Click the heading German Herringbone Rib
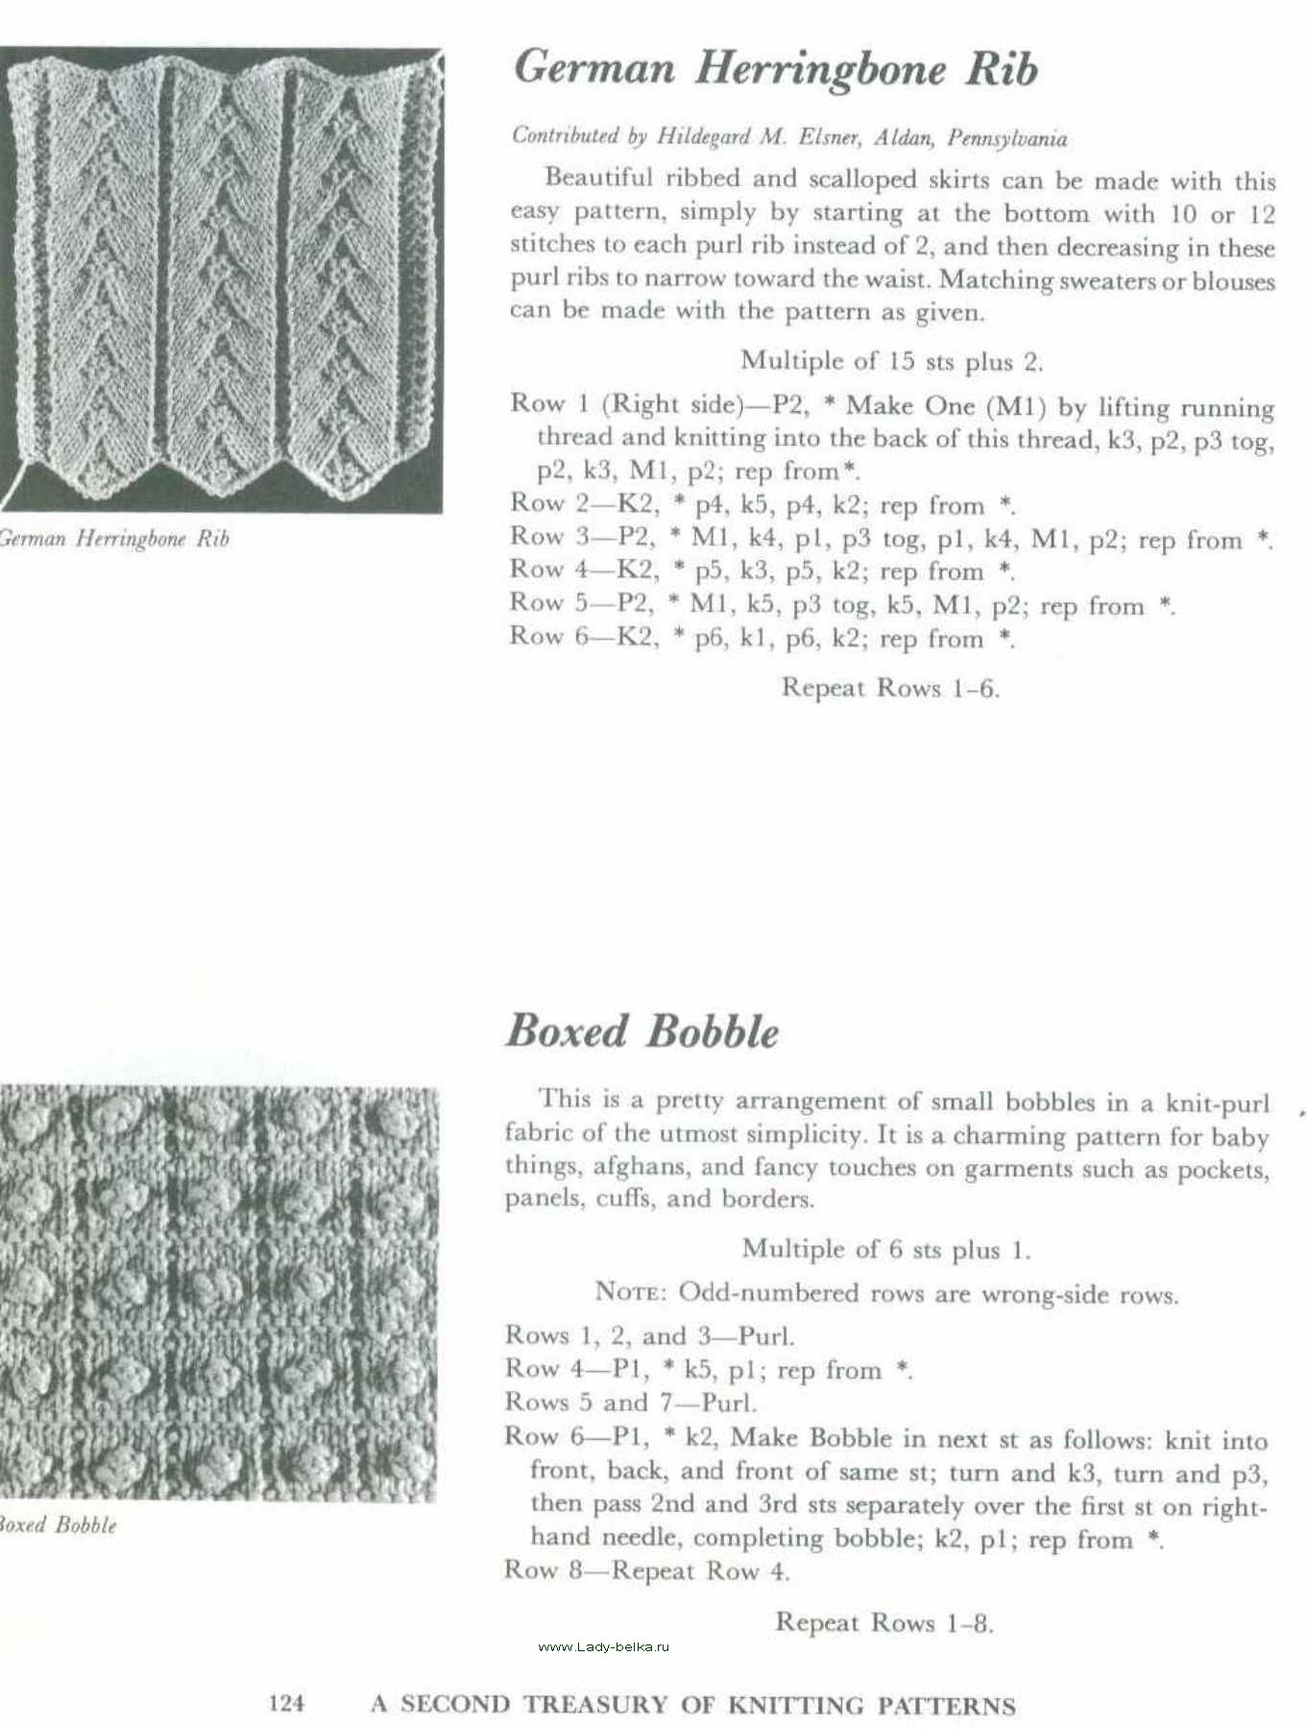coord(775,69)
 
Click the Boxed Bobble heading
coord(641,1032)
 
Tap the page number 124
coord(286,1703)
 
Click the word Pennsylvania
coord(1006,138)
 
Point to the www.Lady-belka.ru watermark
coord(603,1646)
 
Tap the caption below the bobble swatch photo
coord(58,1525)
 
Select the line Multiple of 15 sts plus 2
coord(891,361)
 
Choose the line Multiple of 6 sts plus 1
coord(885,1250)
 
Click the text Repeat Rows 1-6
coord(890,688)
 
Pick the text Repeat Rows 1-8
coord(883,1622)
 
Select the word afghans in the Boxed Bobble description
coord(650,1167)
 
